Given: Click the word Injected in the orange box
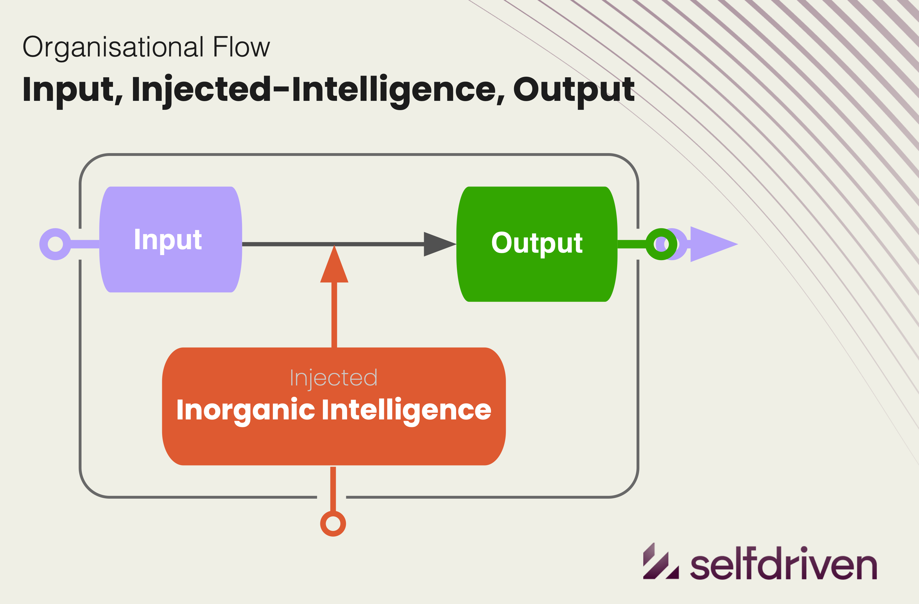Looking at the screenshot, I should coord(333,378).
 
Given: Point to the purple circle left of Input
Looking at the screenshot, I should coord(55,244).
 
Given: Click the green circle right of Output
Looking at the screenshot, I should coord(661,244).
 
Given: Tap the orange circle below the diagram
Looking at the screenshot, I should coord(333,524).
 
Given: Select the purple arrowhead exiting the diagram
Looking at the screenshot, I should coord(710,244).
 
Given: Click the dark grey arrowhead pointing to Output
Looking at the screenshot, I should coord(438,244).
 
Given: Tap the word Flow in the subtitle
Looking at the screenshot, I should coord(241,47).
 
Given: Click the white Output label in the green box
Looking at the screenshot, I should coord(537,243).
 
